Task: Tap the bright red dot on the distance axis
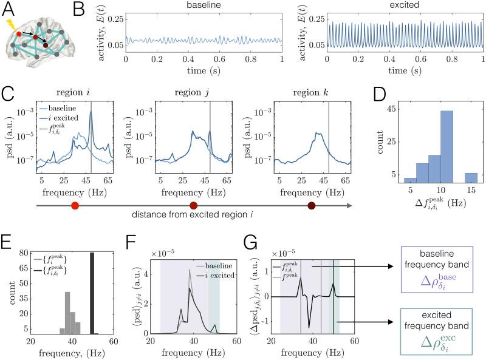[74, 207]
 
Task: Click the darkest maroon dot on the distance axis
[312, 207]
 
